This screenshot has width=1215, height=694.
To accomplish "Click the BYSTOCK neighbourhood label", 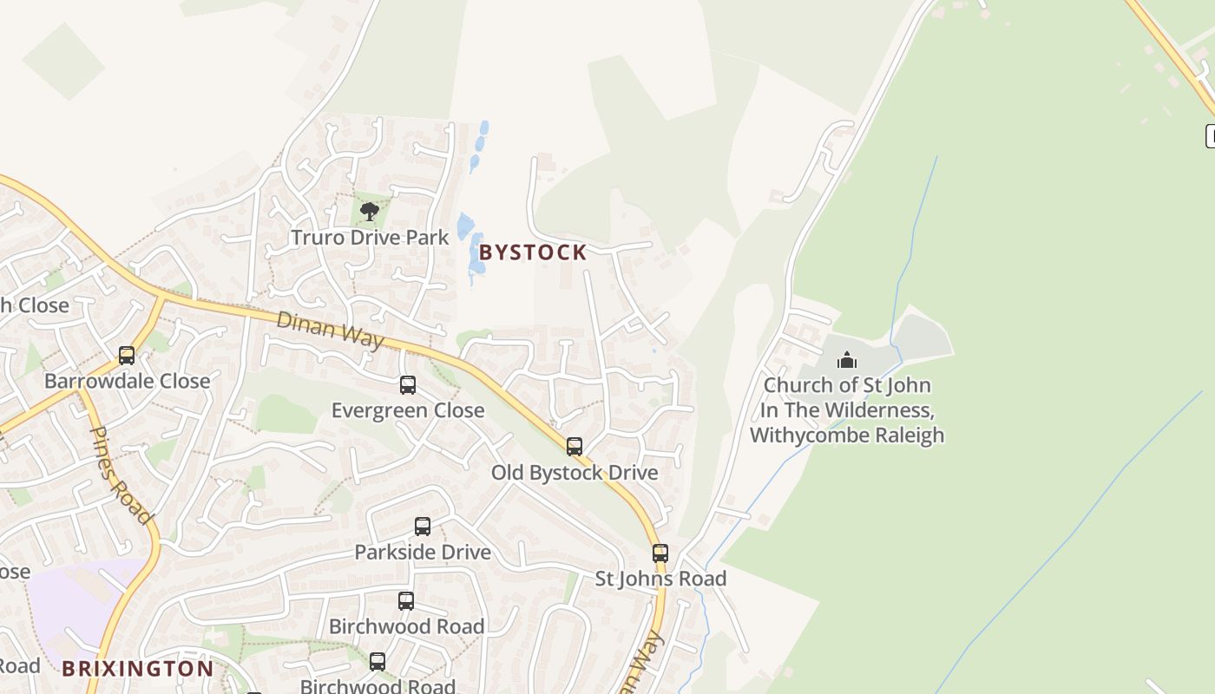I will coord(533,252).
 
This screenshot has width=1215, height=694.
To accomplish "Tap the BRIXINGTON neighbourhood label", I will coord(137,669).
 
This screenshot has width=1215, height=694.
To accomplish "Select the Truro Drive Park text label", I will coord(370,238).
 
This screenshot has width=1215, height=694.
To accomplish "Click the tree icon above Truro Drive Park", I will coord(370,211).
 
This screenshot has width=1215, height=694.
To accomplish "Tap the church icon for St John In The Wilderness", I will coord(847,360).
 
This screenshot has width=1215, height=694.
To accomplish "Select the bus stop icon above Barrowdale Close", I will coord(127,356).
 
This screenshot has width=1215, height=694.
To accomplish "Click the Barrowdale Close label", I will coord(127,381).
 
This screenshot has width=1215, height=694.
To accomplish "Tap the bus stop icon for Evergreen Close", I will coord(408,385).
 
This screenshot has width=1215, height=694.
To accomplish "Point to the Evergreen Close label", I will coord(408,410).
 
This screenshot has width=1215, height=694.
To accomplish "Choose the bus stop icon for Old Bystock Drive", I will coord(575,447).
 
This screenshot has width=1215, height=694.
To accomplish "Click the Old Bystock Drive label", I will coord(575,473).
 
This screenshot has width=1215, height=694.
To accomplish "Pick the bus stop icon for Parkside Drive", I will coord(423,527).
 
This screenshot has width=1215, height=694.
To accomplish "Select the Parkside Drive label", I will coord(423,553).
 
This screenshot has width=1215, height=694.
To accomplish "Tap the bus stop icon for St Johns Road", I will coord(660,553).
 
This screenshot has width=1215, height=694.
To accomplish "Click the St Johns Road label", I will coord(660,579).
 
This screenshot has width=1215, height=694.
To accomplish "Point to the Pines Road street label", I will coord(121,475).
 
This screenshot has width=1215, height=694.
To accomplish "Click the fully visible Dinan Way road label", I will coord(330,331).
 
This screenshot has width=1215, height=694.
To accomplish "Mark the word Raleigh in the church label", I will coord(910,435).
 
